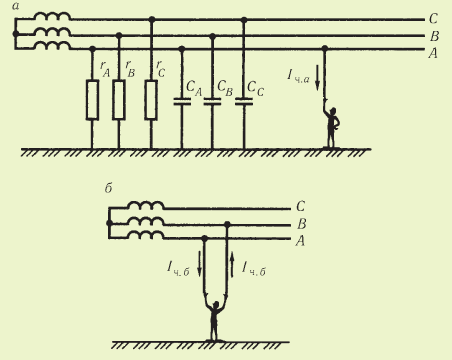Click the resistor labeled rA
pos(92,100)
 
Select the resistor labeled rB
pos(119,100)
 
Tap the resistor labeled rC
pos(151,100)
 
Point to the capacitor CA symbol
pos(182,101)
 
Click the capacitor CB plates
pos(212,101)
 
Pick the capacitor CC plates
pos(244,101)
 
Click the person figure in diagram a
pos(331,127)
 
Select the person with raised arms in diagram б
pos(215,318)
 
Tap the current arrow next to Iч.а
pos(317,78)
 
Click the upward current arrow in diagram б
pos(232,265)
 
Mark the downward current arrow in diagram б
pos(199,265)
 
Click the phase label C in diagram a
pos(433,19)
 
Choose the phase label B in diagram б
pos(301,224)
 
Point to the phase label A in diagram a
pos(433,53)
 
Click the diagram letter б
pos(108,188)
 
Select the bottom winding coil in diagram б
pos(146,235)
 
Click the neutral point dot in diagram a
pos(15,34)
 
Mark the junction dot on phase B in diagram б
pos(227,225)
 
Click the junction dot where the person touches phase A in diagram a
pos(325,49)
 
